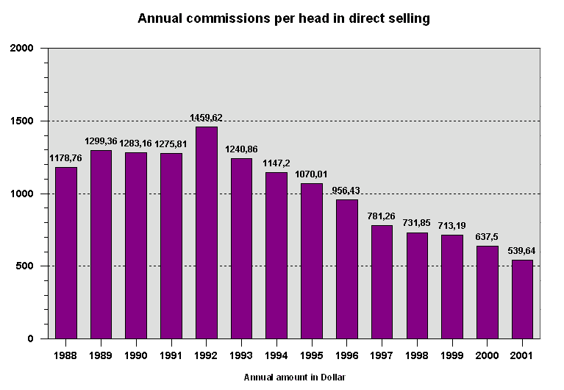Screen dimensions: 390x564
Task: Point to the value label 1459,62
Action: click(x=206, y=118)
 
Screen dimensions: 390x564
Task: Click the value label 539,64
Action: click(x=521, y=250)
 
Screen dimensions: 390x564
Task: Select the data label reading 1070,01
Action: click(x=312, y=174)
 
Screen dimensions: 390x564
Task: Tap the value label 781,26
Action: click(x=382, y=216)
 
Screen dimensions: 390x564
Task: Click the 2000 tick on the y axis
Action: click(x=23, y=49)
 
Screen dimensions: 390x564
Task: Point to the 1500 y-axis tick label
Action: click(x=23, y=121)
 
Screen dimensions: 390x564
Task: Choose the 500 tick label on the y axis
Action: click(x=26, y=266)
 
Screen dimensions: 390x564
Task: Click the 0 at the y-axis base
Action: click(x=32, y=339)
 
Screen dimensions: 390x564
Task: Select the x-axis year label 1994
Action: click(x=276, y=355)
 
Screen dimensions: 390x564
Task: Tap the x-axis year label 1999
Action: click(x=453, y=355)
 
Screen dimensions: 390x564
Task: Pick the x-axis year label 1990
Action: click(x=135, y=355)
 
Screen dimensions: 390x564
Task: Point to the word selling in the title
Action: click(x=411, y=18)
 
